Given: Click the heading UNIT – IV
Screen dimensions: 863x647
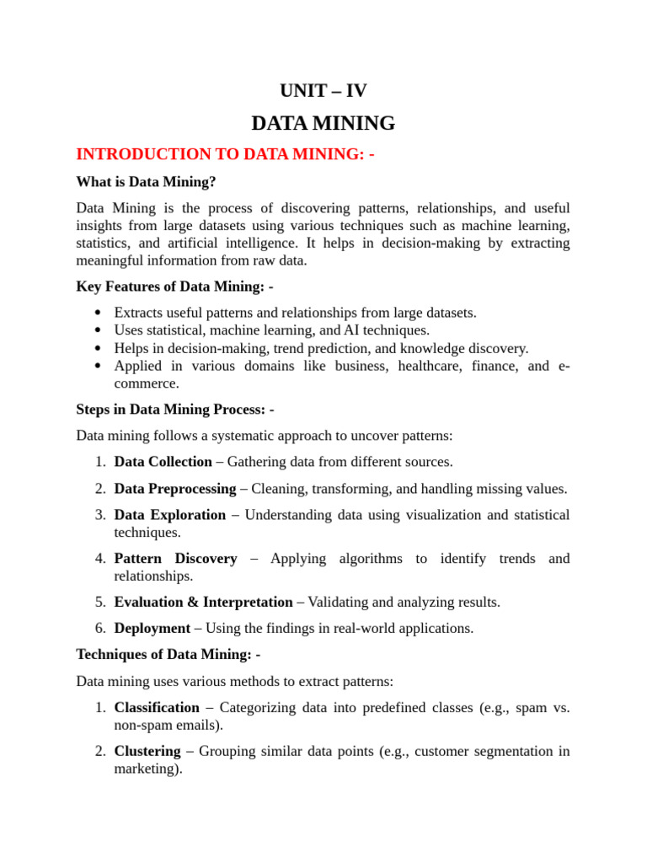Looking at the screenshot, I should (323, 91).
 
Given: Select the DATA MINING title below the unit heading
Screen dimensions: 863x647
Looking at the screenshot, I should (323, 123).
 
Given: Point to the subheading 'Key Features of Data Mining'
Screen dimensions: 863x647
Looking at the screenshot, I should (174, 287).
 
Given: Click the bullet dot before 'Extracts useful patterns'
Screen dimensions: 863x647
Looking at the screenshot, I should (99, 313).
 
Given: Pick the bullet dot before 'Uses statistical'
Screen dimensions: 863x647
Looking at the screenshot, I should (99, 330).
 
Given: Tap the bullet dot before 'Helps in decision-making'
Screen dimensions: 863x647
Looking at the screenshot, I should (99, 348).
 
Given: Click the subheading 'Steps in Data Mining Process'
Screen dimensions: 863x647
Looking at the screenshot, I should (175, 410).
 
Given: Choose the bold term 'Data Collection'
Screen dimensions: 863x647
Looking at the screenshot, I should (163, 462).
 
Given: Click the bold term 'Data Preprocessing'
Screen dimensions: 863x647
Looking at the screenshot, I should (175, 489).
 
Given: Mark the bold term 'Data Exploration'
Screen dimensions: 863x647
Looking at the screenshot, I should (170, 515).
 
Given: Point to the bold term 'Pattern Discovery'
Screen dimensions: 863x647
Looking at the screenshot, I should (175, 559).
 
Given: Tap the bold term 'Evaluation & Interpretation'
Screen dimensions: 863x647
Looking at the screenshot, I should (204, 603).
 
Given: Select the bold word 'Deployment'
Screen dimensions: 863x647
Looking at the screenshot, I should (152, 629).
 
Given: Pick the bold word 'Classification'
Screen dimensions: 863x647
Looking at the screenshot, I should (157, 708).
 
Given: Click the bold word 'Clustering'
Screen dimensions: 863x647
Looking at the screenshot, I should (147, 751).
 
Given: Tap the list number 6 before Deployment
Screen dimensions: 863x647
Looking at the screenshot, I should (99, 629).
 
